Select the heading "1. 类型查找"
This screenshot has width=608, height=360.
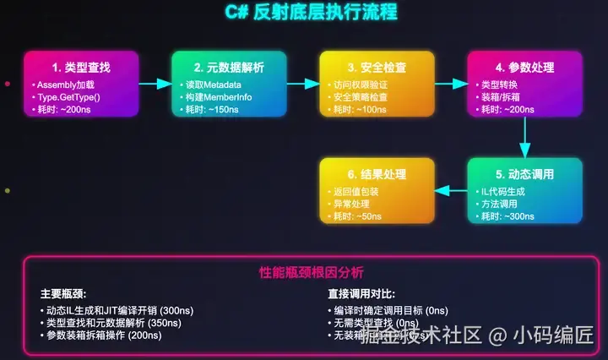(80, 67)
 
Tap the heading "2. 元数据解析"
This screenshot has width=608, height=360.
(229, 67)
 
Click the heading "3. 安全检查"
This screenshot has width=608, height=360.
(377, 67)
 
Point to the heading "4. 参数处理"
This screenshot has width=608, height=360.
(525, 67)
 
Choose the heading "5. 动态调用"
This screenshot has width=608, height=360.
(525, 174)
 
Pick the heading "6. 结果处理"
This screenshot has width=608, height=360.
(377, 174)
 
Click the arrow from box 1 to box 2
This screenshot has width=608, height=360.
(155, 84)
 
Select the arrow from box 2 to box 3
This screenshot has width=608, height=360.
(302, 84)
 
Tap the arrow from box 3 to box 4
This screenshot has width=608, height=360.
(451, 84)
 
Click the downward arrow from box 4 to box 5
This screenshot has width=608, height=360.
(525, 136)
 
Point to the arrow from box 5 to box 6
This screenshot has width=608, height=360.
(451, 190)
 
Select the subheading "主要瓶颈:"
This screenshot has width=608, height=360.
(63, 294)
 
